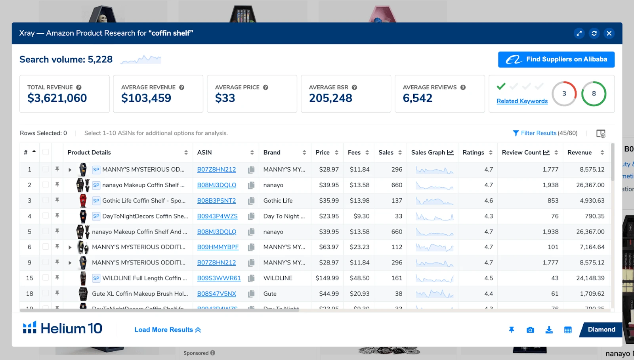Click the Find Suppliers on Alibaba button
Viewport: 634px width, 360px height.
(x=556, y=59)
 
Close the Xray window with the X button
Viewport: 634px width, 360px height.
(x=609, y=33)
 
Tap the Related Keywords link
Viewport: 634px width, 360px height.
(x=522, y=101)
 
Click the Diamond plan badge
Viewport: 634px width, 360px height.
(x=601, y=329)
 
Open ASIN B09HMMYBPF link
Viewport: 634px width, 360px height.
(x=218, y=247)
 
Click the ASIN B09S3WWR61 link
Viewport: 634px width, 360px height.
(x=219, y=278)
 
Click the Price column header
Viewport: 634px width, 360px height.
(x=323, y=153)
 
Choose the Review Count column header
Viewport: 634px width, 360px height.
(x=521, y=153)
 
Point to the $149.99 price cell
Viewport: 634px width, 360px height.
(x=327, y=278)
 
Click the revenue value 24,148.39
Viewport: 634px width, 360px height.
(x=590, y=278)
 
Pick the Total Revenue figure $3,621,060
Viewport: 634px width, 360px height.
(x=57, y=98)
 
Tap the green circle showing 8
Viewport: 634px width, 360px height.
(x=594, y=94)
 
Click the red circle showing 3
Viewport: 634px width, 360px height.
(x=564, y=94)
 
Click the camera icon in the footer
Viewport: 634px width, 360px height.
(x=530, y=330)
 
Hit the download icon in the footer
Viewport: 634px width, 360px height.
(x=549, y=330)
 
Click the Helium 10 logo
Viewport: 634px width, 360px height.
(x=63, y=328)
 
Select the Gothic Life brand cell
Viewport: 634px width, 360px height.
(x=278, y=201)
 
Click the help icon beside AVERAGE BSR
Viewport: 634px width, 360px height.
(x=354, y=87)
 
